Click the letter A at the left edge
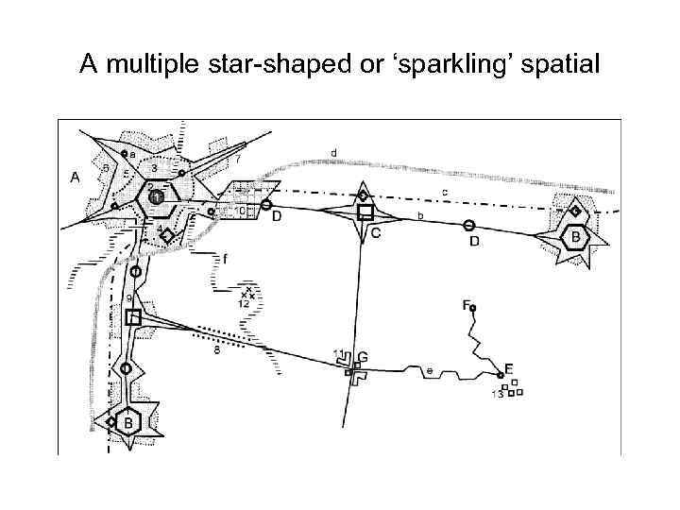[x=76, y=177]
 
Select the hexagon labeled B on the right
[x=573, y=237]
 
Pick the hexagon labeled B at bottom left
[x=128, y=422]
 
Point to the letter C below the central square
[x=375, y=234]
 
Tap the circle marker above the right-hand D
[x=469, y=226]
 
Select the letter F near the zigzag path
[x=466, y=304]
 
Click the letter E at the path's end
[x=509, y=368]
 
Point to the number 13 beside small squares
[x=497, y=394]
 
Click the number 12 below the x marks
[x=245, y=305]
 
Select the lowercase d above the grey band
[x=334, y=152]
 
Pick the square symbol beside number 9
[x=133, y=318]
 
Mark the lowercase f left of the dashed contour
[x=225, y=257]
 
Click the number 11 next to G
[x=339, y=353]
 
